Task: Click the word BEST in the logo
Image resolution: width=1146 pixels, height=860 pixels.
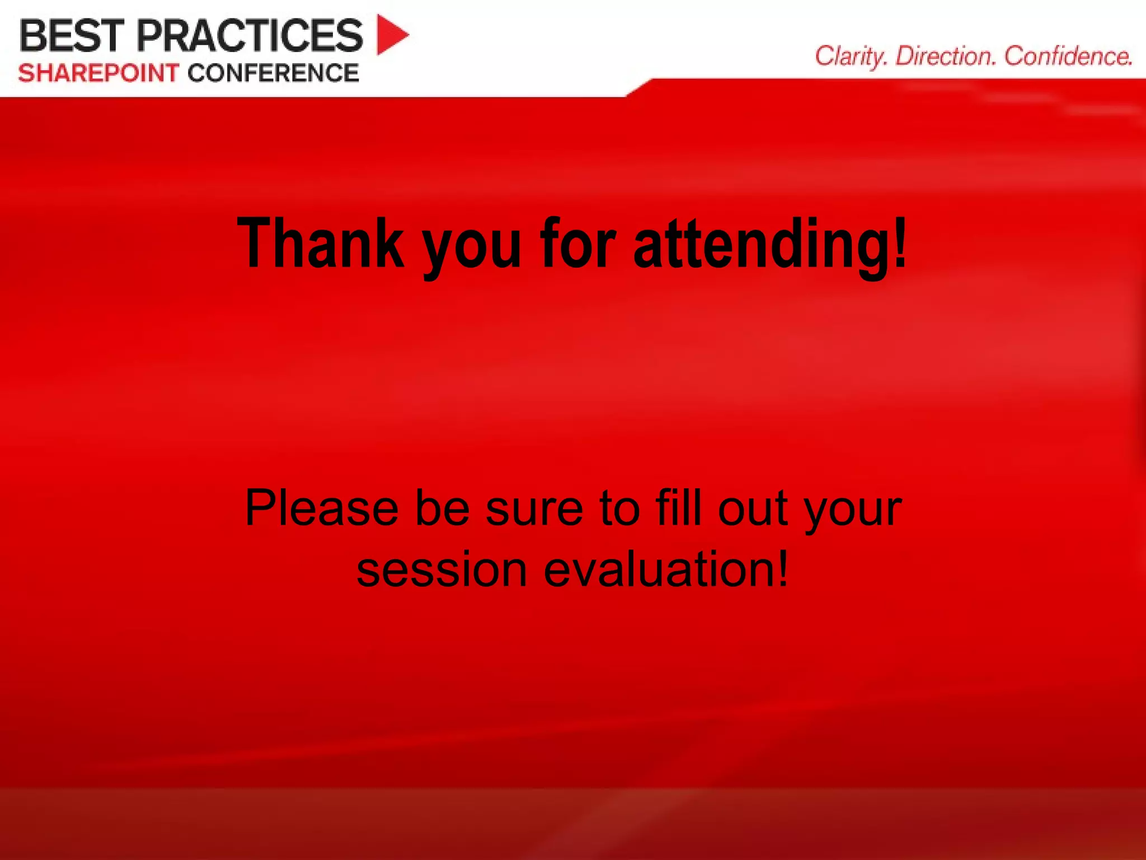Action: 71,36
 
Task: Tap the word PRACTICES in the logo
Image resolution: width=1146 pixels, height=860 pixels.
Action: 250,36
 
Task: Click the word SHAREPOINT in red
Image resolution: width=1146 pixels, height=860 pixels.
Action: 98,73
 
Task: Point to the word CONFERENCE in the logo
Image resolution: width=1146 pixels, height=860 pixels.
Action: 273,73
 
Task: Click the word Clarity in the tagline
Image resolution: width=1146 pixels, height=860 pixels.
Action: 851,57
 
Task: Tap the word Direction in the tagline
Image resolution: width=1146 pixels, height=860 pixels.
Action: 945,57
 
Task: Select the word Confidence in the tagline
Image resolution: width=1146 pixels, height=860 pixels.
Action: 1068,57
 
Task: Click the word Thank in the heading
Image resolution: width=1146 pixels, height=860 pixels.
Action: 321,243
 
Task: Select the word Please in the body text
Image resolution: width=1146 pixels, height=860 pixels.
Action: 322,508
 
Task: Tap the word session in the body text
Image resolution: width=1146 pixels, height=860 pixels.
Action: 442,570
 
